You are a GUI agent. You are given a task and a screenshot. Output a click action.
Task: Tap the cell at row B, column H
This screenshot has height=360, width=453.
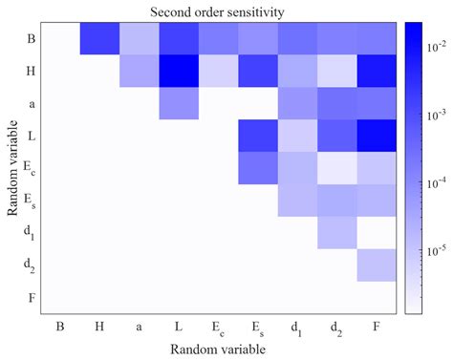pos(99,38)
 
